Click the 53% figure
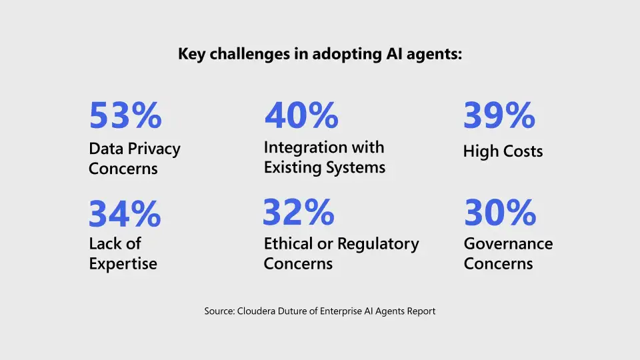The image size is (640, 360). click(125, 115)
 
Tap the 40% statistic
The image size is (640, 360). click(301, 115)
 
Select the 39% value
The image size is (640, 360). click(499, 115)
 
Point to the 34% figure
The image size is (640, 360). click(125, 214)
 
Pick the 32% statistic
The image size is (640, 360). click(299, 212)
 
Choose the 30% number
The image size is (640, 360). click(500, 213)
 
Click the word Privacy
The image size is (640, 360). click(155, 149)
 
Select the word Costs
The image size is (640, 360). click(523, 151)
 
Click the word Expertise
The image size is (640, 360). click(123, 263)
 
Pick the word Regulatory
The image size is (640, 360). click(378, 245)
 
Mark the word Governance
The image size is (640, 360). click(508, 244)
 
